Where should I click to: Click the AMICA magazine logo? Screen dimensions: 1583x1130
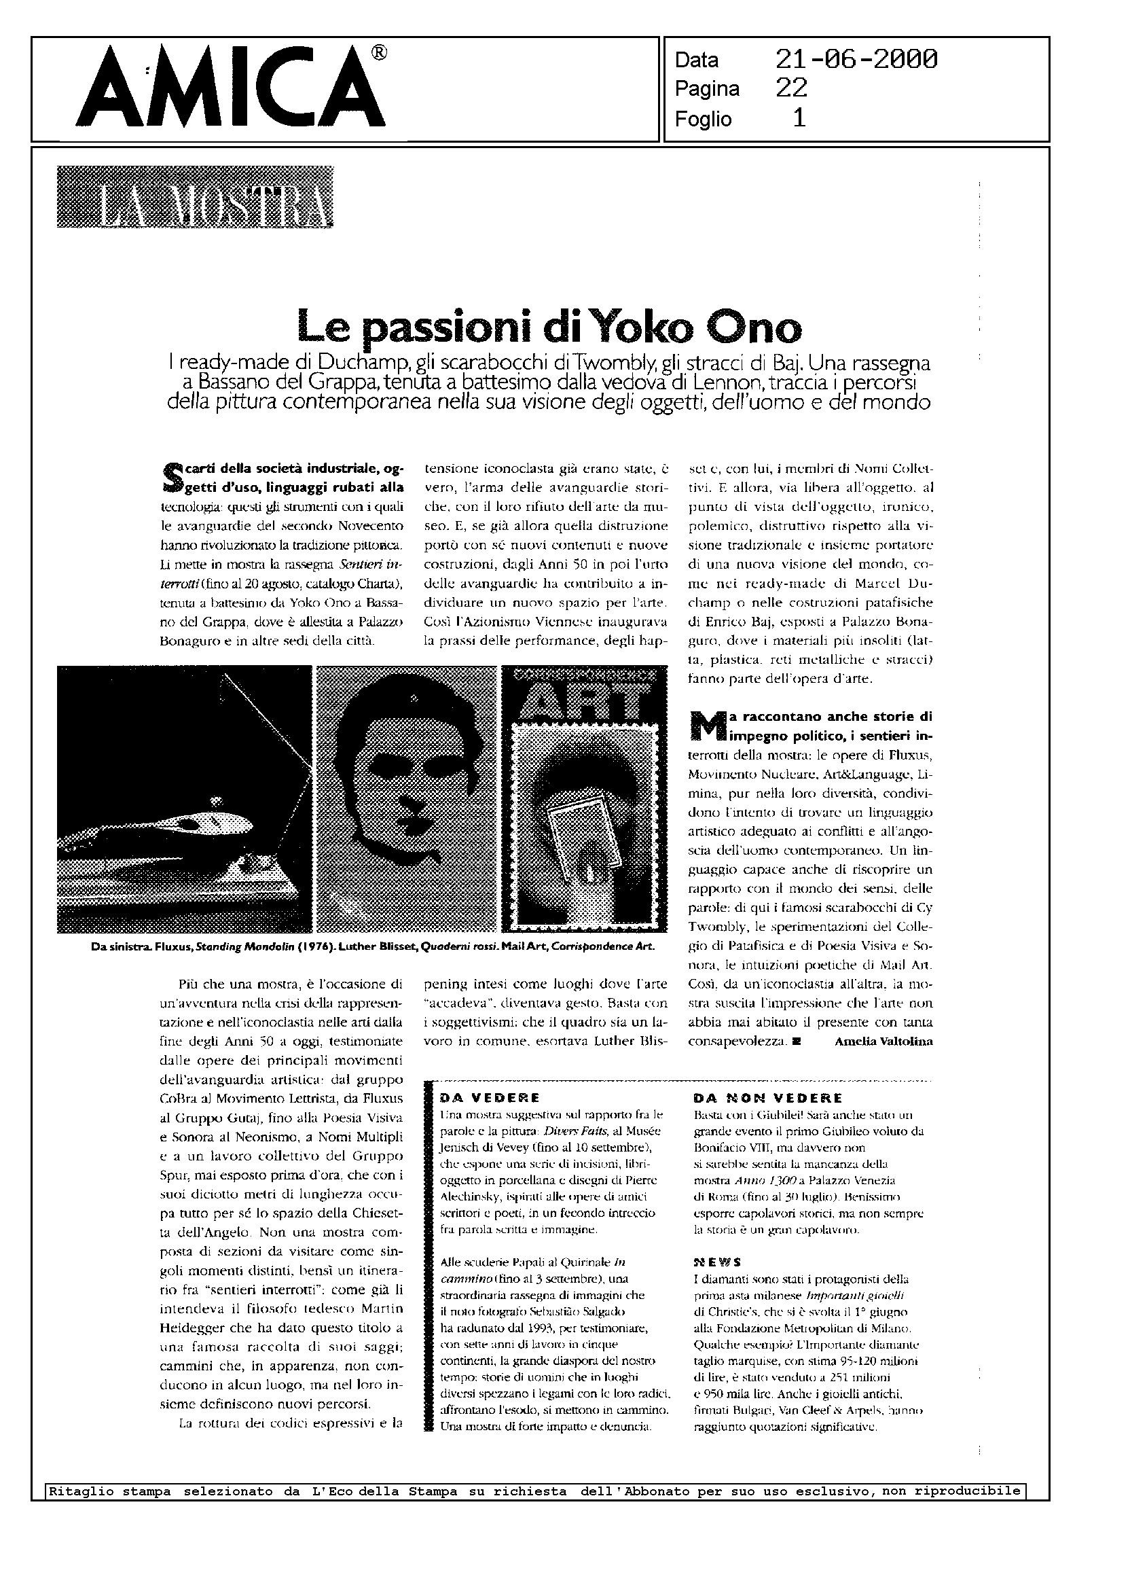pyautogui.click(x=230, y=88)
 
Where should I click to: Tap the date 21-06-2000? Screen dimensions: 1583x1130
pyautogui.click(x=856, y=60)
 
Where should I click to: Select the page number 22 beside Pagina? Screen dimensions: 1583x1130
pyautogui.click(x=791, y=88)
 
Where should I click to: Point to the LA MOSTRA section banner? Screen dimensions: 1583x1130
pyautogui.click(x=195, y=198)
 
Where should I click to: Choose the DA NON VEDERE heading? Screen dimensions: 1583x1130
pyautogui.click(x=767, y=1099)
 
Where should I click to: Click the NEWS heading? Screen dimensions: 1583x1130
pyautogui.click(x=716, y=1262)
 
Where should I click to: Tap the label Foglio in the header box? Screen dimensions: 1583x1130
pyautogui.click(x=703, y=120)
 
